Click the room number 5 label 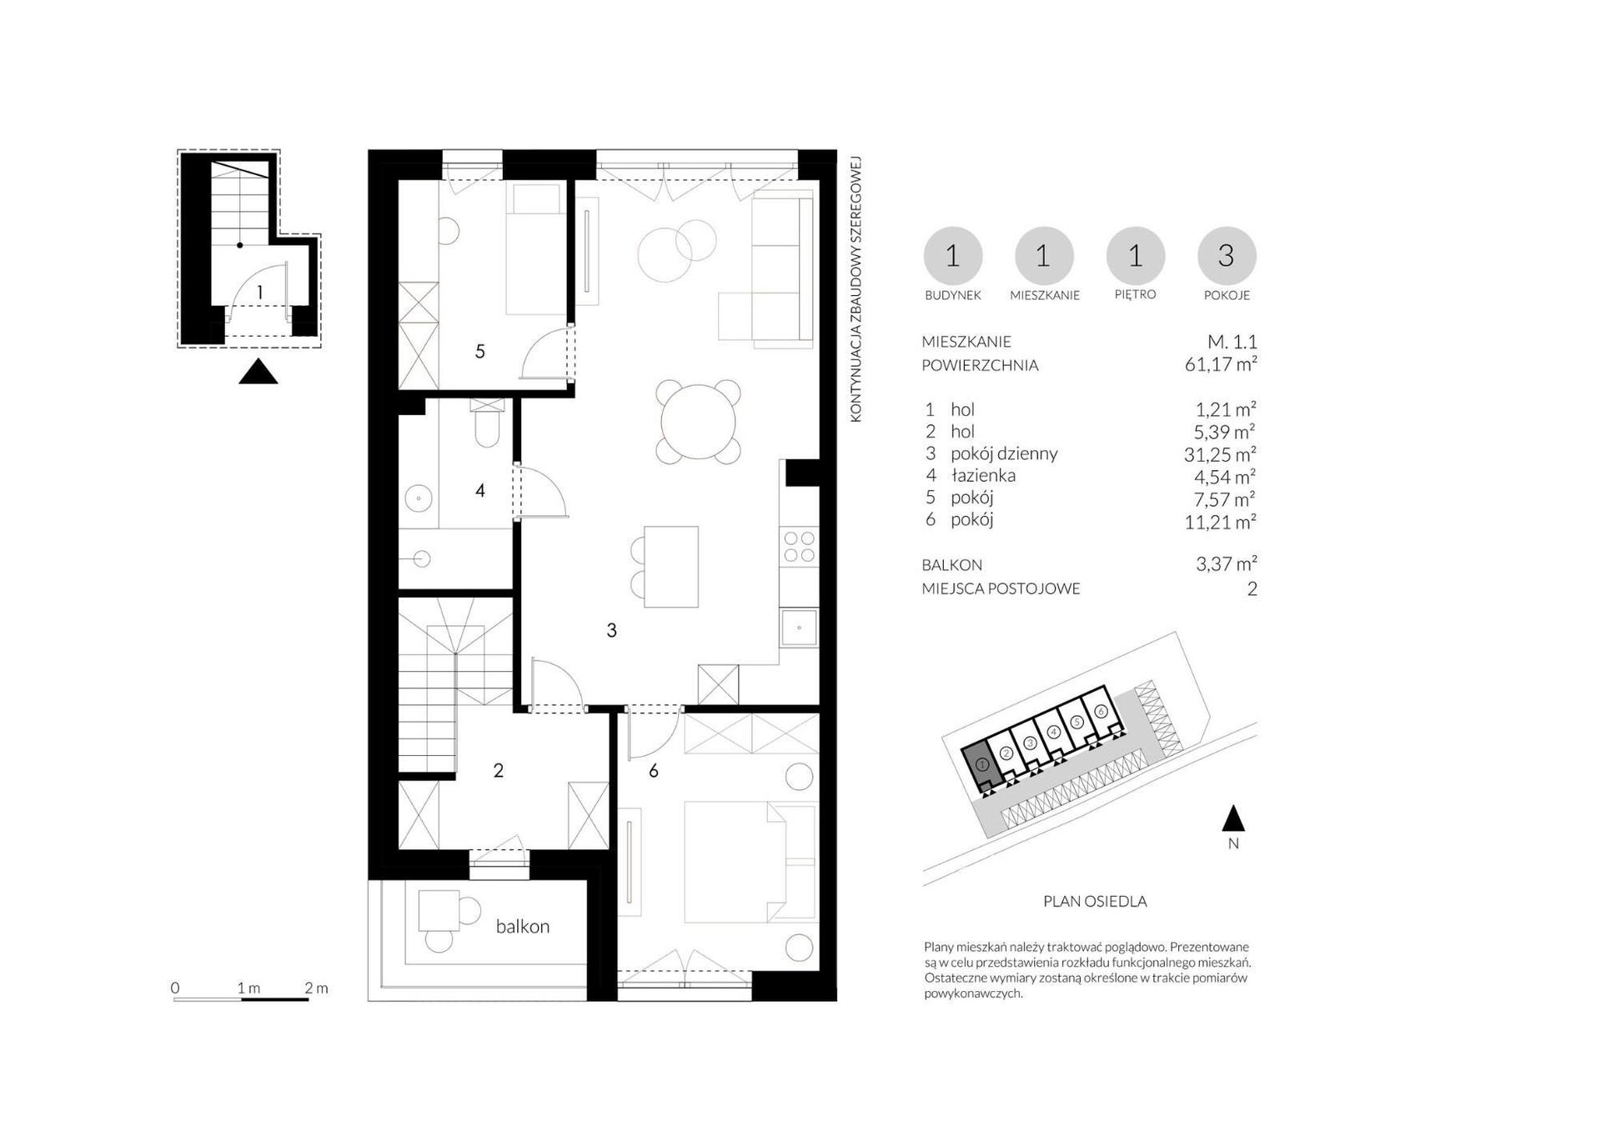[x=479, y=352]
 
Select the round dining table [x=698, y=421]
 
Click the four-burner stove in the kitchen [x=799, y=547]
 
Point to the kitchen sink [x=799, y=627]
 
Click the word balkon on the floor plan [x=523, y=926]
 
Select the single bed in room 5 [x=535, y=250]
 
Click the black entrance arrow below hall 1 [x=258, y=371]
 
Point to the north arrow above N [x=1233, y=818]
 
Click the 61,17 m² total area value [x=1221, y=364]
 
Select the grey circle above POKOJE [x=1227, y=256]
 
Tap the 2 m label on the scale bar [x=316, y=988]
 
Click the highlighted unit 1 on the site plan [x=981, y=765]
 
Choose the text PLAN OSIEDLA [x=1095, y=901]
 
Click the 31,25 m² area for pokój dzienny [x=1220, y=453]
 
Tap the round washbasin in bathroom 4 [x=418, y=499]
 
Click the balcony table [x=439, y=910]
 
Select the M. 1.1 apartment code [x=1232, y=342]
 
